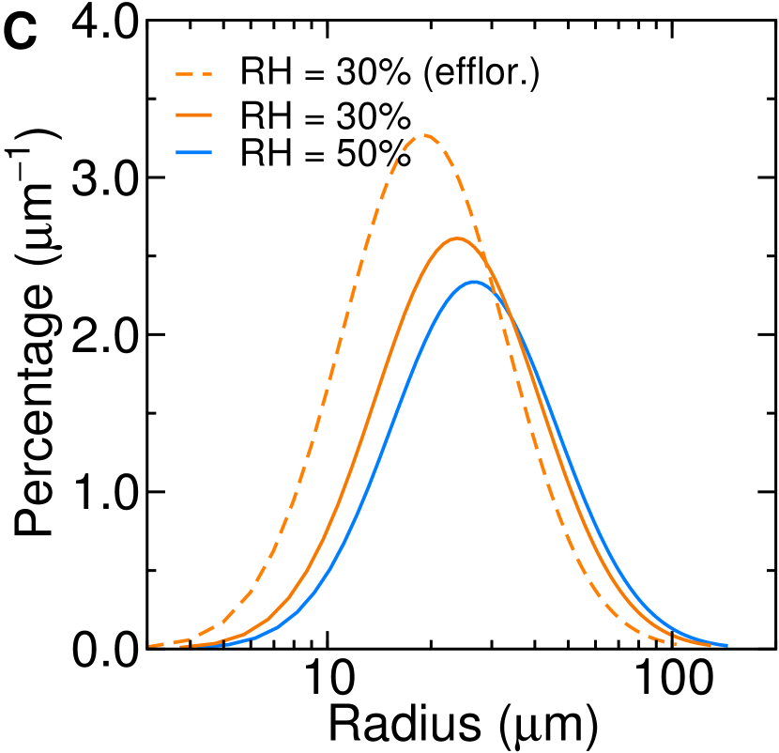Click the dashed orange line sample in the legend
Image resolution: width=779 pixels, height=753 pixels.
coord(193,73)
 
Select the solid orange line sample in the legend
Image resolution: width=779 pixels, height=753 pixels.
coord(193,115)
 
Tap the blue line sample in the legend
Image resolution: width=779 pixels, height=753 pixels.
coord(193,152)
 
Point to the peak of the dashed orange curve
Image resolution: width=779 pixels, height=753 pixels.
coord(424,135)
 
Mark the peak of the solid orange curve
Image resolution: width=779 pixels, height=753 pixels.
coord(457,238)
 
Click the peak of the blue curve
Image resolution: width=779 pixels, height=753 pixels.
coord(474,282)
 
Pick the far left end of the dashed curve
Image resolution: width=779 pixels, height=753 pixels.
coord(150,646)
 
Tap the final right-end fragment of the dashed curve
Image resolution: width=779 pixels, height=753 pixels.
coord(674,643)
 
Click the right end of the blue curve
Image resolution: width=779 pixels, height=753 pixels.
coord(726,645)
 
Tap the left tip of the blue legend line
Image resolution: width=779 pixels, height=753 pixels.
coord(177,152)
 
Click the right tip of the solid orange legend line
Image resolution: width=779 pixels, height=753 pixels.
coord(211,115)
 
